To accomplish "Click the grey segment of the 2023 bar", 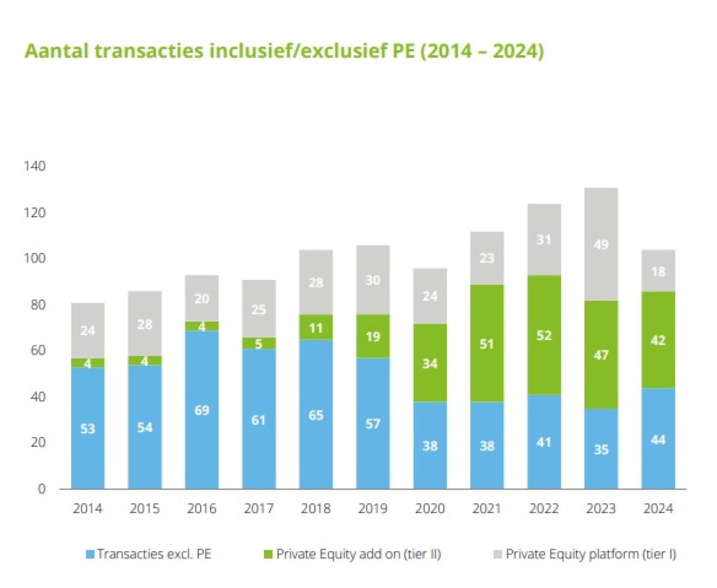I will tap(601, 244).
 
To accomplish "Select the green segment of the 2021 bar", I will tap(486, 343).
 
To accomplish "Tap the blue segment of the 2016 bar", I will tap(202, 410).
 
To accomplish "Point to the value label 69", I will tap(202, 410).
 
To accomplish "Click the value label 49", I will tap(601, 244).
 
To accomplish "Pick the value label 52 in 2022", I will tap(544, 335).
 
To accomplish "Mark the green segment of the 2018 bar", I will tap(316, 328).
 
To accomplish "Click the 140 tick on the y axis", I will tap(34, 166).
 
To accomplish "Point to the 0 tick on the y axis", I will tap(41, 488).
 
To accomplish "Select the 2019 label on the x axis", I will tap(372, 508).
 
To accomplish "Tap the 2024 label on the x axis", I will tap(658, 508).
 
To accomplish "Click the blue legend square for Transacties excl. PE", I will tap(90, 554).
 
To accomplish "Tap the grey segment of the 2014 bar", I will tap(88, 330).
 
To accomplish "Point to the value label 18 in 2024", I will tap(658, 271).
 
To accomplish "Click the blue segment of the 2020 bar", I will tap(430, 445).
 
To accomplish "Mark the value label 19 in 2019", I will tap(372, 337).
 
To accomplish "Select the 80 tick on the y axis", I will tap(38, 304).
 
